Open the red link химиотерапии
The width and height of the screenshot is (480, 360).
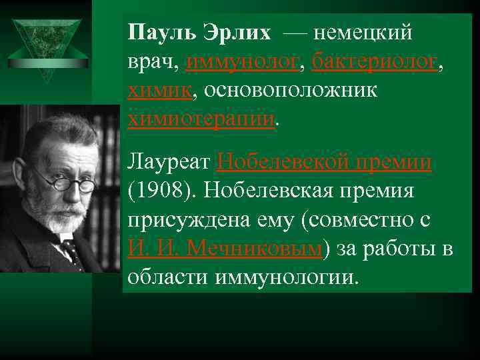tap(201, 119)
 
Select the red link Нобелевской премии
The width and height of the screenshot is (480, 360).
tap(324, 162)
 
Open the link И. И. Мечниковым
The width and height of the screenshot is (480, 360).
tap(225, 249)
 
